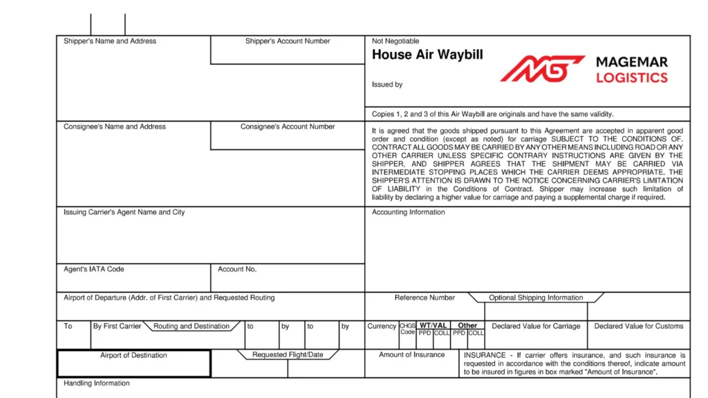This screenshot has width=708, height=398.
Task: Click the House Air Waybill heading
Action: click(427, 55)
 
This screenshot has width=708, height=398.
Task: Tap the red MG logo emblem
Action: click(543, 68)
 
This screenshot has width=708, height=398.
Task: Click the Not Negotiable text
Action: click(395, 41)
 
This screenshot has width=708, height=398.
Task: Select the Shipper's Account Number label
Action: click(288, 41)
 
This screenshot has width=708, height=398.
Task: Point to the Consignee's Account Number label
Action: click(288, 127)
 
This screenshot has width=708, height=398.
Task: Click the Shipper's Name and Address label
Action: click(110, 41)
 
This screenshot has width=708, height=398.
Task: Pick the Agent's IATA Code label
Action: click(94, 269)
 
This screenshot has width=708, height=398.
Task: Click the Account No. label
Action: click(237, 269)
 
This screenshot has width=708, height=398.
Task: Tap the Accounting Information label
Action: click(409, 212)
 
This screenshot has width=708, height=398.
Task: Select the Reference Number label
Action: click(425, 298)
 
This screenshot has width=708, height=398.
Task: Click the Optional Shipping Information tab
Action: click(536, 298)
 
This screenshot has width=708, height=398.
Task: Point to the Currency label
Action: click(382, 326)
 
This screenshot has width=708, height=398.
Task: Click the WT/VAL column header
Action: click(434, 325)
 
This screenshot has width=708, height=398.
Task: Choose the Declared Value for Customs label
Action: click(639, 326)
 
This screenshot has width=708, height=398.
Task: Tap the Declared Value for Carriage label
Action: click(536, 326)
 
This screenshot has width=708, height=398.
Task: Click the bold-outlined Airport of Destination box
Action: click(133, 364)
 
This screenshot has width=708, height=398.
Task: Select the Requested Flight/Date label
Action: click(288, 355)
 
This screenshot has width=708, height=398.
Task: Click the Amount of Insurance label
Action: click(412, 355)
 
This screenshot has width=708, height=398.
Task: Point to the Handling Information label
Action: click(97, 383)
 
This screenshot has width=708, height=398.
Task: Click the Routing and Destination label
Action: click(192, 326)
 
